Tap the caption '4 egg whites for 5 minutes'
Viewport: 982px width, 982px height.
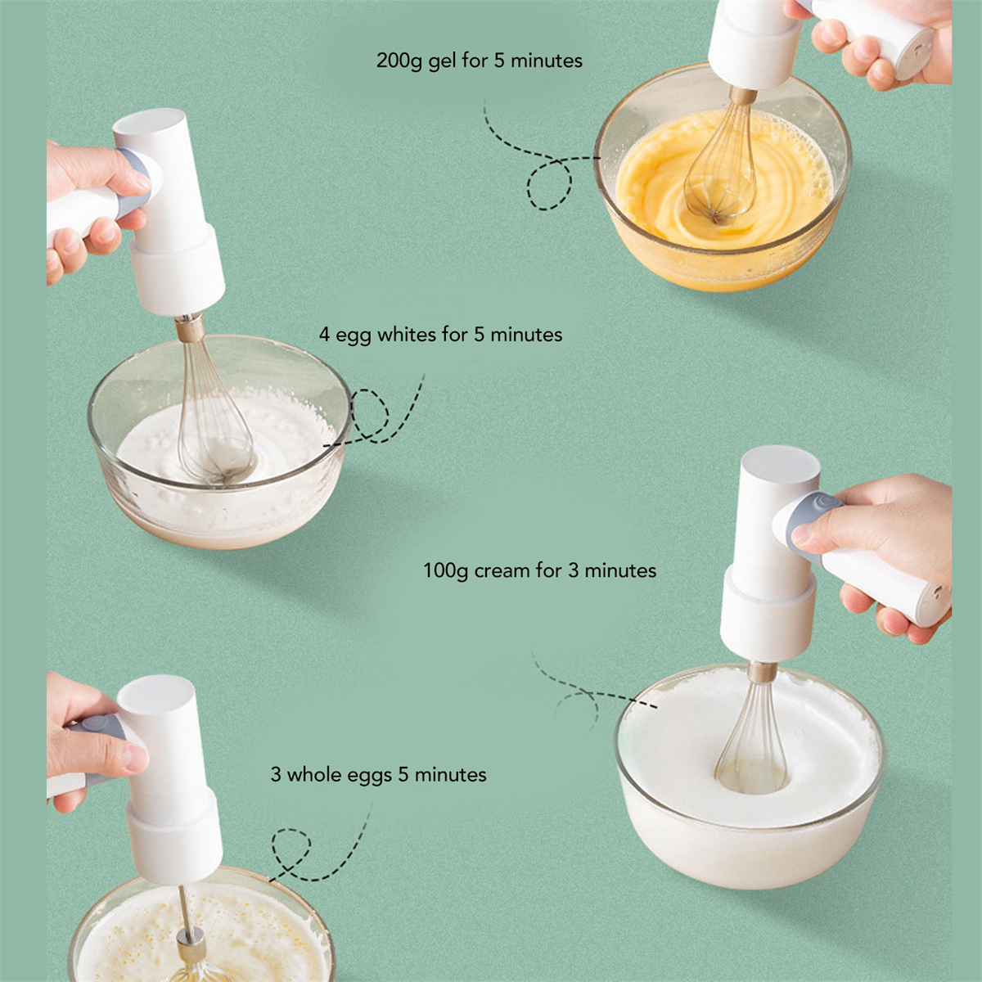[441, 336]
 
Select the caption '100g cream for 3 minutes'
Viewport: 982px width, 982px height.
[539, 570]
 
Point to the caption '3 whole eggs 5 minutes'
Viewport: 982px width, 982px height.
[378, 775]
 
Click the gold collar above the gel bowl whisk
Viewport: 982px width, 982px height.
[743, 95]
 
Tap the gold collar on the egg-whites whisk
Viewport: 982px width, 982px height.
[191, 328]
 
